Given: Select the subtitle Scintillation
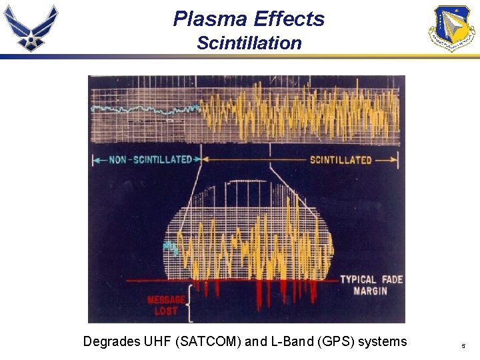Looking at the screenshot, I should pyautogui.click(x=249, y=43).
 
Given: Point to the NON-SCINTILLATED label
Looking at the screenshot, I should pyautogui.click(x=147, y=160).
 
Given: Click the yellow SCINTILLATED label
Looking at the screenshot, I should pyautogui.click(x=341, y=160).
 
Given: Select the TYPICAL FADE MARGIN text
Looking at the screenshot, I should pyautogui.click(x=371, y=285).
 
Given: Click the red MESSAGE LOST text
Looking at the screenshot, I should pyautogui.click(x=165, y=305).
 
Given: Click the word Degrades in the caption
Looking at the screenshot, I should pyautogui.click(x=111, y=342).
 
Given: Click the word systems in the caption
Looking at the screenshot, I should pyautogui.click(x=382, y=342).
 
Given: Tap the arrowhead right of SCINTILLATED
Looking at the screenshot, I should pyautogui.click(x=394, y=160).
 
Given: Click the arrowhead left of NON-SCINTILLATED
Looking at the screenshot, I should pyautogui.click(x=95, y=160).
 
